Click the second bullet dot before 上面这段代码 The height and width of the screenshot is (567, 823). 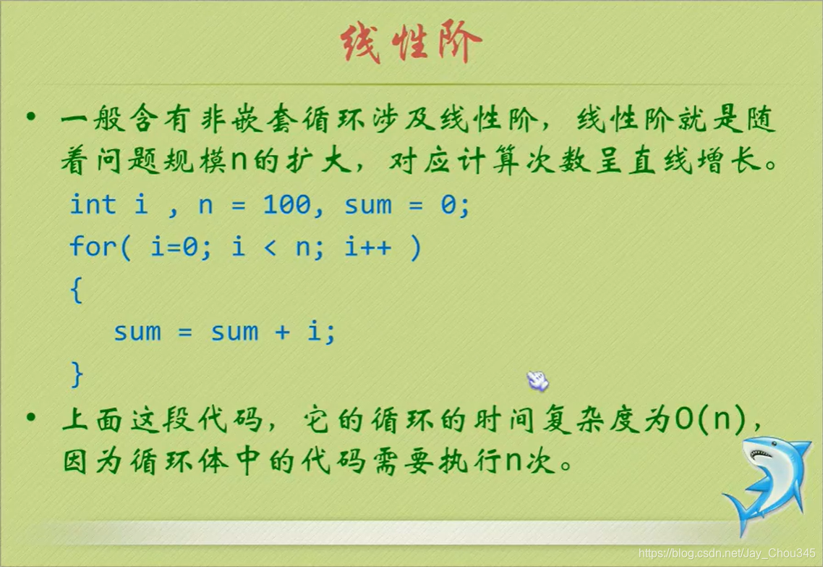[x=30, y=417]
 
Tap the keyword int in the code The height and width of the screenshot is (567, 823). [x=93, y=205]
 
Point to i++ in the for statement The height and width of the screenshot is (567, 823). [x=367, y=248]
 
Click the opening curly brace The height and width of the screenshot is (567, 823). [x=77, y=290]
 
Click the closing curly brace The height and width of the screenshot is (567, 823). [x=77, y=374]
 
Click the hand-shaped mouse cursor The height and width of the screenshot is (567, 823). [x=537, y=380]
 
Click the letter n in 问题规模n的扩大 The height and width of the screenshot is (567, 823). [x=239, y=162]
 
